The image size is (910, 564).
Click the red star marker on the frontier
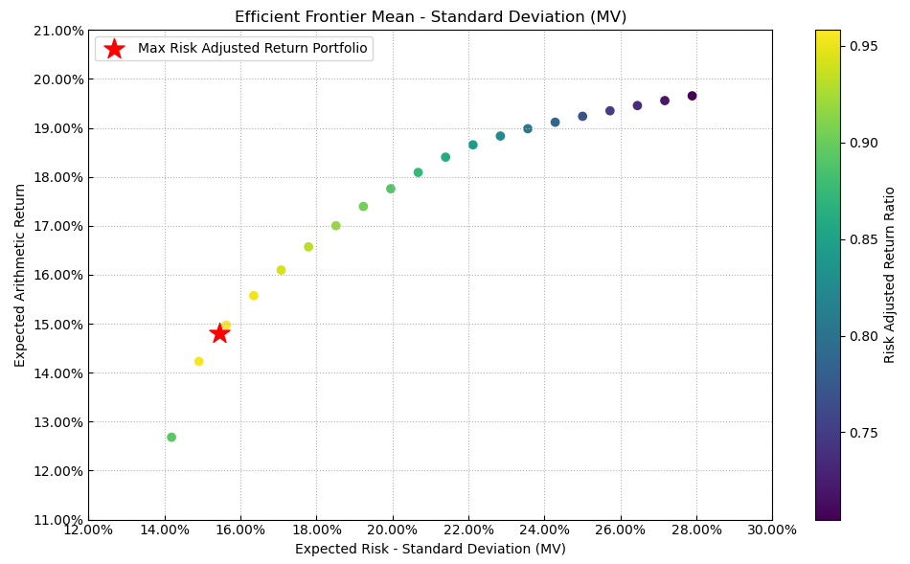point(219,333)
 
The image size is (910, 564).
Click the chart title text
point(430,16)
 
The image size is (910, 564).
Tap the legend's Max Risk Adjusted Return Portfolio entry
point(252,49)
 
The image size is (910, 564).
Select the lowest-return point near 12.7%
point(171,438)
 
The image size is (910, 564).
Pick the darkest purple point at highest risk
point(692,96)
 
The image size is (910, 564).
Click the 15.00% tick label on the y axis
point(59,325)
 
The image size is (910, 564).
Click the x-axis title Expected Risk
point(430,550)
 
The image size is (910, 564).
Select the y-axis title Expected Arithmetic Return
point(20,275)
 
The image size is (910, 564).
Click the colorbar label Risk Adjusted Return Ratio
point(890,275)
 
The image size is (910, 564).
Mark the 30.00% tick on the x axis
point(772,530)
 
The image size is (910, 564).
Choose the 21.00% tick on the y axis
point(59,31)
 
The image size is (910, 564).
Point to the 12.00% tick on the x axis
point(89,530)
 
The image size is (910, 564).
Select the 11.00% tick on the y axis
point(59,520)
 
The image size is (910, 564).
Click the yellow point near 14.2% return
point(199,362)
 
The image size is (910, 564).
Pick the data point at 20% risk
point(391,189)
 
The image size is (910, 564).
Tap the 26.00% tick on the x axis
point(620,530)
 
